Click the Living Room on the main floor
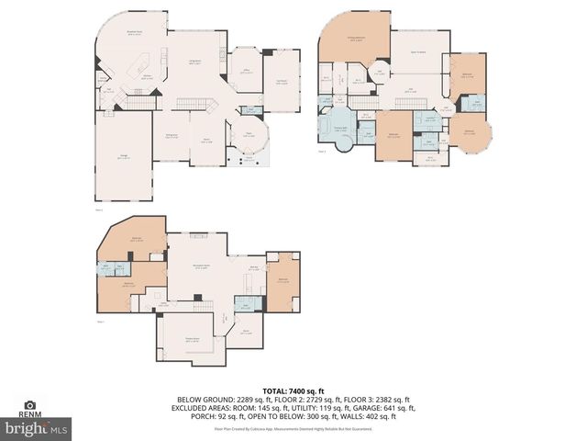click(x=195, y=62)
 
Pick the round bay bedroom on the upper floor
click(x=469, y=131)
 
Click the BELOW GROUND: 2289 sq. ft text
click(x=213, y=399)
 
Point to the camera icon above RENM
click(x=30, y=404)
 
